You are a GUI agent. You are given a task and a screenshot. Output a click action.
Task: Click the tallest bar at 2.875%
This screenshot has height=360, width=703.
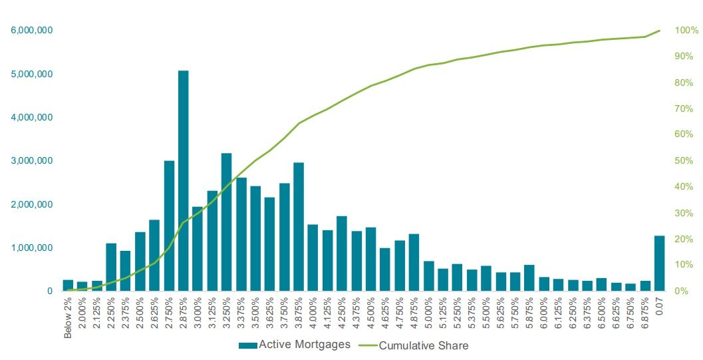tap(183, 180)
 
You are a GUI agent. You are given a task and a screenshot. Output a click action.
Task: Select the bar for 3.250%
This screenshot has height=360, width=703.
tap(226, 222)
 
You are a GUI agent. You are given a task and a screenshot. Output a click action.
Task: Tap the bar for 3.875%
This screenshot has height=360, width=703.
tap(299, 227)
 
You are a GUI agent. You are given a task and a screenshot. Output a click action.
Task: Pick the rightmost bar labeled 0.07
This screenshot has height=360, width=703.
tap(659, 264)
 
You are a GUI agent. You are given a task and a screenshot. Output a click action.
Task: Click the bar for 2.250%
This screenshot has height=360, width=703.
tap(111, 267)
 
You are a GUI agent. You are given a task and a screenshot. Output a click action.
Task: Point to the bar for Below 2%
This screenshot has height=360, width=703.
tap(68, 285)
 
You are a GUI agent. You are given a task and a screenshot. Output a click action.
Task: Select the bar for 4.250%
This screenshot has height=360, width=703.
tap(342, 254)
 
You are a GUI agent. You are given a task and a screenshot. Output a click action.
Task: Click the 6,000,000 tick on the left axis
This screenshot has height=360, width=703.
tap(32, 31)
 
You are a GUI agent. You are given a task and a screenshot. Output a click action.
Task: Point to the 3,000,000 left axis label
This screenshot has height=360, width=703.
tap(32, 161)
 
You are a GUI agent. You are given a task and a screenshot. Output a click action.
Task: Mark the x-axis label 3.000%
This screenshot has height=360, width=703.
tap(198, 318)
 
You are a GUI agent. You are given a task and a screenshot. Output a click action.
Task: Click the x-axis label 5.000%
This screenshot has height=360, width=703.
tap(428, 318)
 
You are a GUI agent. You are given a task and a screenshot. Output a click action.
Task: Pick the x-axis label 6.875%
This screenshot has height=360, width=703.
tap(644, 318)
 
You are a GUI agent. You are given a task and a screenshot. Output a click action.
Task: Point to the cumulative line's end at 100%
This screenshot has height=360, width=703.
tap(659, 31)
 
